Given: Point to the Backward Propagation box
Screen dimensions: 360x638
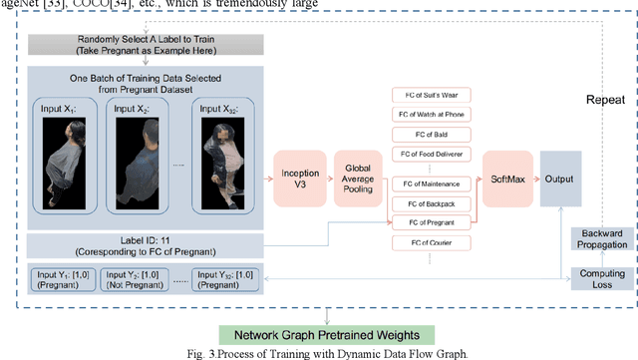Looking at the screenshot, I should click(x=600, y=238).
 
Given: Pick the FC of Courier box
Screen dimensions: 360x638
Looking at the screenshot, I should click(x=432, y=242).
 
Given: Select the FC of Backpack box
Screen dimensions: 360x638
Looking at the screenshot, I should click(x=432, y=202).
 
